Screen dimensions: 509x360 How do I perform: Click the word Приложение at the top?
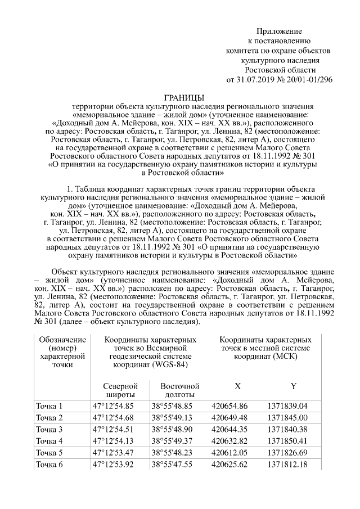point(280,30)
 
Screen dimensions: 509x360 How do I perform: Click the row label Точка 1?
point(49,406)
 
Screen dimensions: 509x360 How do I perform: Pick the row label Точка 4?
point(49,440)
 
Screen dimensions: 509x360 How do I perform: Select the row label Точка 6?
point(49,464)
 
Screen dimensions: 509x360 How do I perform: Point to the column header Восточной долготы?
point(180,390)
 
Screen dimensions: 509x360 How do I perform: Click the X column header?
point(237,386)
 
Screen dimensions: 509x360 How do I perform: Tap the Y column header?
point(293,386)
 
